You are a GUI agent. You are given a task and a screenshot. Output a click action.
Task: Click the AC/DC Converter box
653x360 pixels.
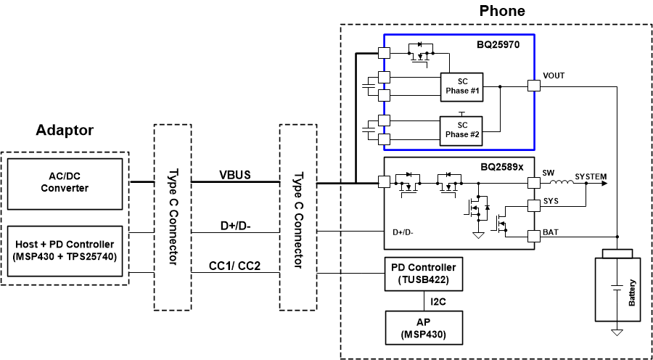[65, 181]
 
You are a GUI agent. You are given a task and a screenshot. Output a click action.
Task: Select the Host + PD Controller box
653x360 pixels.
[65, 250]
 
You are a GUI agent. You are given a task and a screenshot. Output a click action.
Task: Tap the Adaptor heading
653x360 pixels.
[65, 131]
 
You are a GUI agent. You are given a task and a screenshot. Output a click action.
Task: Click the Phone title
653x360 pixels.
[502, 11]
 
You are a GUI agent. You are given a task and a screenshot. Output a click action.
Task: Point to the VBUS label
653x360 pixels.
[237, 174]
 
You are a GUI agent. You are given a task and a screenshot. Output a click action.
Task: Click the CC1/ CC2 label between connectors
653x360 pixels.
[236, 266]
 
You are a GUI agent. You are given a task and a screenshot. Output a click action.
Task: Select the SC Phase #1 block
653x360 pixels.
[462, 88]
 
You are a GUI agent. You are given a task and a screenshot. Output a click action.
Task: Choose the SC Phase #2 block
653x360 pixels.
[462, 130]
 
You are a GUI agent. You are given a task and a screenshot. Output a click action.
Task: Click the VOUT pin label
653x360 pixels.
[554, 75]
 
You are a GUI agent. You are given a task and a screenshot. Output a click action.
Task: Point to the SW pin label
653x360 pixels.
[548, 173]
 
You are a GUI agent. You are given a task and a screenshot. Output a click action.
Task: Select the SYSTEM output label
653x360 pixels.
[591, 176]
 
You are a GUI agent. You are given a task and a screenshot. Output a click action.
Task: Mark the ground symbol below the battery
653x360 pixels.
[617, 332]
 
